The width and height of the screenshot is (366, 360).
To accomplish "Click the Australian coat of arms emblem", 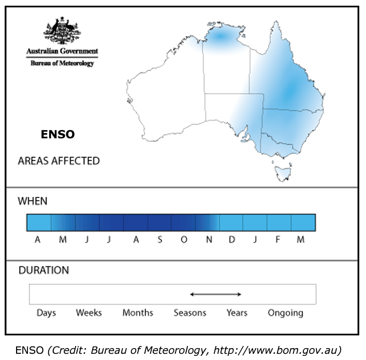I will (62, 31).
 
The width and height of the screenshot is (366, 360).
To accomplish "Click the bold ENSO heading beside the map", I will (58, 135).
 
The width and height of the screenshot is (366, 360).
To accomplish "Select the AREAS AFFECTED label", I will (58, 161).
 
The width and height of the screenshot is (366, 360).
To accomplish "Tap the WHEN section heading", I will (33, 201).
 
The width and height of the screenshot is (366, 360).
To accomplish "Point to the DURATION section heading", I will (43, 270).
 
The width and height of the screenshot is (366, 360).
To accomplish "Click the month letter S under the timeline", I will (159, 240).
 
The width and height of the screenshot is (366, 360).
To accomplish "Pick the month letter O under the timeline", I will (184, 240).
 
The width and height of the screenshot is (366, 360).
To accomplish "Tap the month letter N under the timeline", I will (208, 240).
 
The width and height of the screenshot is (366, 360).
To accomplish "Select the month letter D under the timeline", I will (232, 240).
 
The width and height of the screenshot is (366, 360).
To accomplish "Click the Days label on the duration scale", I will (46, 313).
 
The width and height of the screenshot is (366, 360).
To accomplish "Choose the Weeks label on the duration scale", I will (89, 313).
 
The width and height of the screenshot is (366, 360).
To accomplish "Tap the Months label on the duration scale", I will (138, 313).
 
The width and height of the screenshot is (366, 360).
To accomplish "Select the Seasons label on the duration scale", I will (190, 313).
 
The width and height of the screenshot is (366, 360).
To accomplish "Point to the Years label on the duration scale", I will (237, 313).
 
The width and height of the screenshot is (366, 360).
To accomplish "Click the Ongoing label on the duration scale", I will (285, 313).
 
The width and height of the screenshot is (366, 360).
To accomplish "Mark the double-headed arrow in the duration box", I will (215, 294).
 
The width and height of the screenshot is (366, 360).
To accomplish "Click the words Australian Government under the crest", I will (62, 52).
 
